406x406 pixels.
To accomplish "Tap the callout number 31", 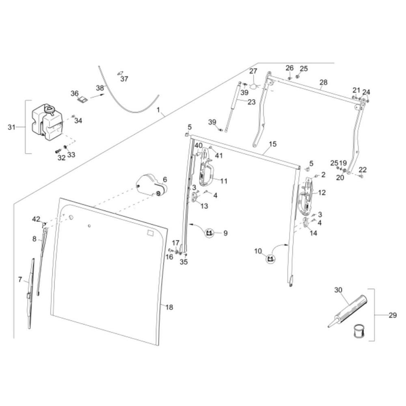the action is click(11, 127).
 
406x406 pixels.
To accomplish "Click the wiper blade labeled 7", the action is click(30, 294).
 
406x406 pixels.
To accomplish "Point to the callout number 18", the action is click(169, 307).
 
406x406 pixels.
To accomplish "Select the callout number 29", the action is click(393, 315).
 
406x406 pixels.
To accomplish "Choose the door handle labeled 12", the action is click(306, 196).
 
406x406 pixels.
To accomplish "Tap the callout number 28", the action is click(324, 82).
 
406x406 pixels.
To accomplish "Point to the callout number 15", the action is click(273, 144).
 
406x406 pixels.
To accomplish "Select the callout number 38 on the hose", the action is click(100, 88).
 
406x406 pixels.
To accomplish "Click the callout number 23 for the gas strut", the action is click(251, 102).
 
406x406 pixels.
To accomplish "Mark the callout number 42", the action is click(36, 219).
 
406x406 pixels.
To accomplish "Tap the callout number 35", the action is click(184, 262).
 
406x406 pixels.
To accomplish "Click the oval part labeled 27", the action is click(254, 86).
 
